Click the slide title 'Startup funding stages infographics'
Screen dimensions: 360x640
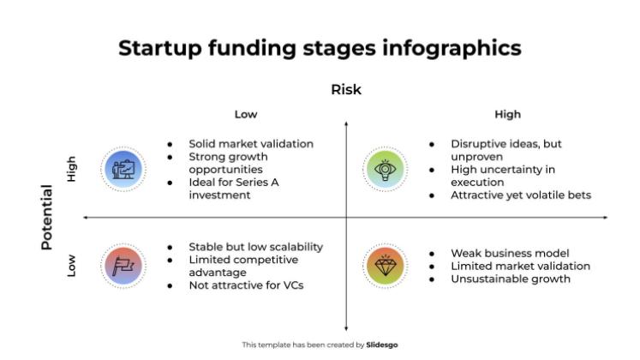click(320, 47)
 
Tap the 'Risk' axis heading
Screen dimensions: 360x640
click(346, 90)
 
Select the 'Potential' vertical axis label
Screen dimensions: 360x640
click(47, 217)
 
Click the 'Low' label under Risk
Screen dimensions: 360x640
click(246, 114)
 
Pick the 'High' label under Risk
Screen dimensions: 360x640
click(507, 114)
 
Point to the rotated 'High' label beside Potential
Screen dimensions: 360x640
click(72, 168)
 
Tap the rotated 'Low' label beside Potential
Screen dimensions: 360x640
click(72, 267)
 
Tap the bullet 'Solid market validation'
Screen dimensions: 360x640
click(251, 144)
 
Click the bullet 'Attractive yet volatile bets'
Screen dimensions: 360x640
click(520, 195)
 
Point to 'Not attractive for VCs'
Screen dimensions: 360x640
click(246, 285)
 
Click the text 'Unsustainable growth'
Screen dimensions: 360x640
click(510, 278)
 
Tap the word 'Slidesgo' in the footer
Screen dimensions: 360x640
click(381, 345)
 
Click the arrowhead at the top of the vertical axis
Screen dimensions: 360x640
click(346, 123)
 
